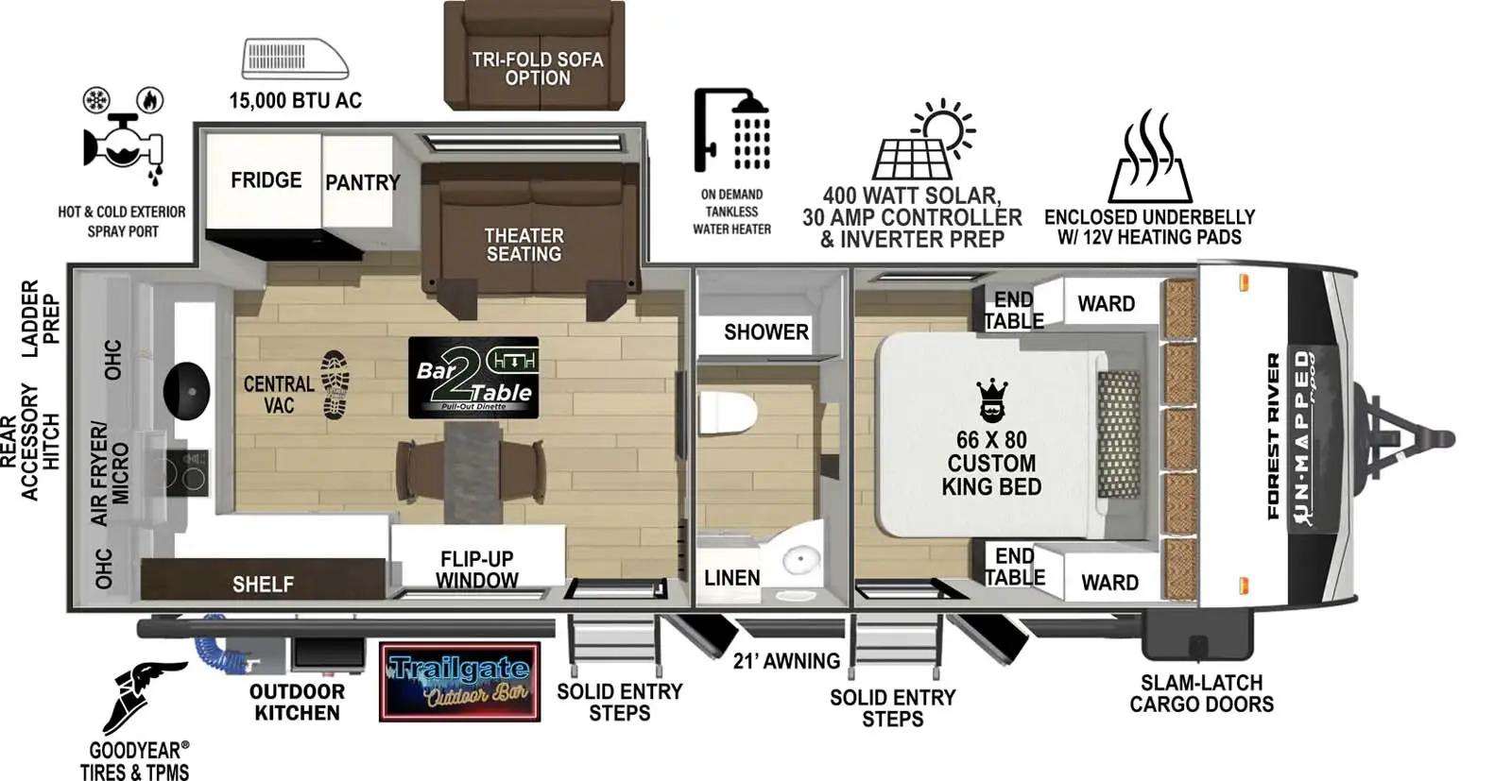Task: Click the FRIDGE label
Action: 266,180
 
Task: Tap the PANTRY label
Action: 363,182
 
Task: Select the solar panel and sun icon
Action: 924,141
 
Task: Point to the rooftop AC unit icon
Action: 295,59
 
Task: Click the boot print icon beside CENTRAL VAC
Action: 335,384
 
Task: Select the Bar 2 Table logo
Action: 473,378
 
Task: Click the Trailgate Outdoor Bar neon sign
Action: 459,682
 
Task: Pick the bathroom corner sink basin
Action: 800,560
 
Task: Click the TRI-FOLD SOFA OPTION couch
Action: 535,57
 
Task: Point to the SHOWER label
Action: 765,332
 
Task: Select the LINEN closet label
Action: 731,578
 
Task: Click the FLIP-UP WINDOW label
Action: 476,569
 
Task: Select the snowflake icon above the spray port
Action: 97,99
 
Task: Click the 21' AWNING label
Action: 786,661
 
